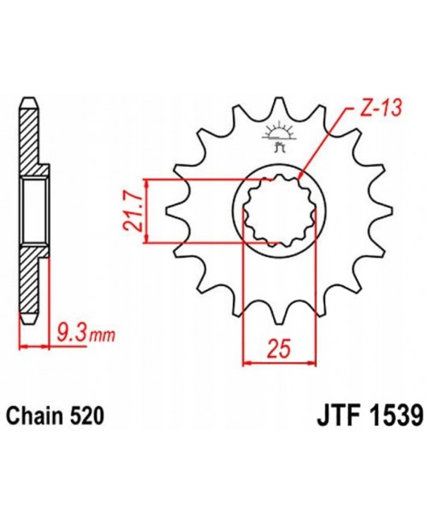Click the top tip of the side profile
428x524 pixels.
27,101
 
